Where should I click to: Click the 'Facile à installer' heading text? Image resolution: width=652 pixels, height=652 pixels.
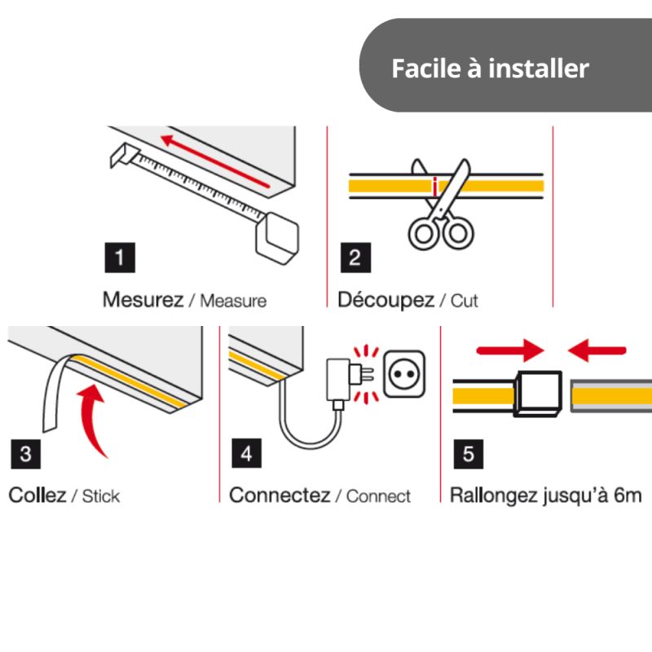(490, 68)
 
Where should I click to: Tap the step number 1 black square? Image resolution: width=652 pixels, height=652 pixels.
(120, 259)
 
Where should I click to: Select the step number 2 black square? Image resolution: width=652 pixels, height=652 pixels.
(355, 259)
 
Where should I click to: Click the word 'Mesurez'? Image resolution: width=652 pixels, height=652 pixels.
(143, 299)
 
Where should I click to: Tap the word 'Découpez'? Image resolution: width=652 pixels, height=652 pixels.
(385, 299)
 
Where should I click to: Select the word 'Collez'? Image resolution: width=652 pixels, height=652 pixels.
(37, 495)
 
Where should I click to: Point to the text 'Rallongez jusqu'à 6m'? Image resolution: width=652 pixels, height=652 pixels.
(545, 495)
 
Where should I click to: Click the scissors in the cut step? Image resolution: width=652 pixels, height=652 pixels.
(440, 204)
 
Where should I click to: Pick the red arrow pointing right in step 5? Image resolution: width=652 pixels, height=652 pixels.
(509, 350)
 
